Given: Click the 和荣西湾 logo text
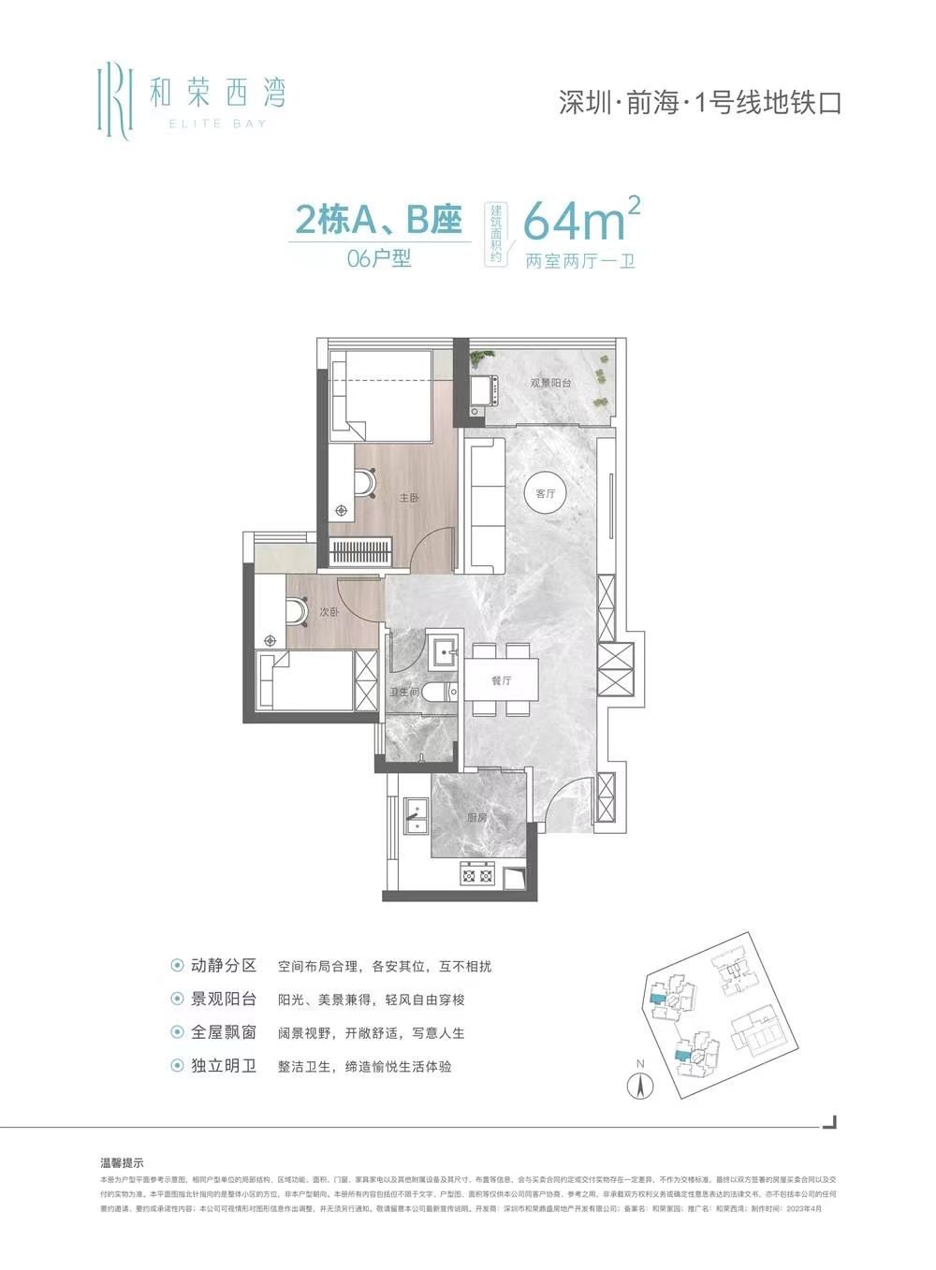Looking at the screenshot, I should tap(217, 93).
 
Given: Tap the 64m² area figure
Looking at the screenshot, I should tap(573, 221).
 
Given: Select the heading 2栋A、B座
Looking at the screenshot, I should tap(378, 221).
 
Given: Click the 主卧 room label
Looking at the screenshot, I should tap(409, 498).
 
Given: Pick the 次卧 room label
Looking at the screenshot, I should tap(328, 612).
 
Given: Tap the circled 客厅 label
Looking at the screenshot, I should tap(546, 493).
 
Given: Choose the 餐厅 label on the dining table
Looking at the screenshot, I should tap(502, 680).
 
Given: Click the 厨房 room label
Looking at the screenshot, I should tap(477, 817).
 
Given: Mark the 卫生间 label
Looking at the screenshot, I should tap(404, 693).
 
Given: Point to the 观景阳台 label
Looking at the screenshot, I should tap(550, 383).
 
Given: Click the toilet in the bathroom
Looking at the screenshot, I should tap(438, 693).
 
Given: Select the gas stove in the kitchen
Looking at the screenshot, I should tap(477, 875).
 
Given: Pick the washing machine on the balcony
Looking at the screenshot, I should tap(484, 389).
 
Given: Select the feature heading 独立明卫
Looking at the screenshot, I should tap(223, 1066).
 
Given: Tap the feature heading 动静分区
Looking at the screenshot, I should tap(223, 966).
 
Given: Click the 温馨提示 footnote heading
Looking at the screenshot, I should tap(122, 1163).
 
